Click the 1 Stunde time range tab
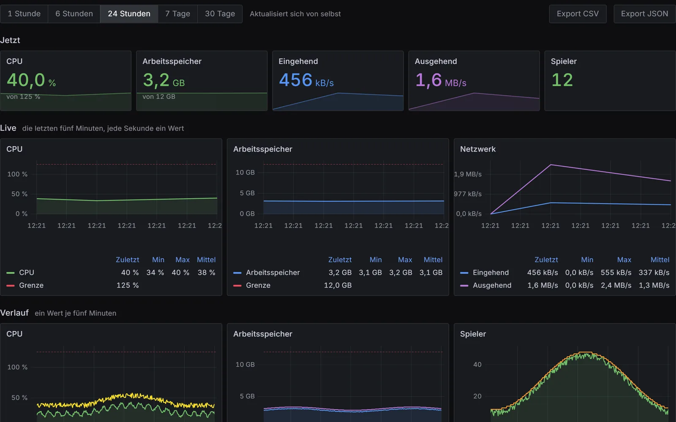pyautogui.click(x=24, y=14)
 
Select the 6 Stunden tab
pyautogui.click(x=74, y=14)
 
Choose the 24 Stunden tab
pyautogui.click(x=129, y=14)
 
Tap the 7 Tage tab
pyautogui.click(x=177, y=14)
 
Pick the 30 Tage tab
pyautogui.click(x=220, y=14)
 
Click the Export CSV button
pyautogui.click(x=578, y=14)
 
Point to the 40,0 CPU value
pyautogui.click(x=26, y=80)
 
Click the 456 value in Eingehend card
pyautogui.click(x=295, y=80)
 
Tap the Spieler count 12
pyautogui.click(x=562, y=80)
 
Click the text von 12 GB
pyautogui.click(x=159, y=97)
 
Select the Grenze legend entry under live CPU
pyautogui.click(x=31, y=285)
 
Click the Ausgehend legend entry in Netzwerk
pyautogui.click(x=492, y=285)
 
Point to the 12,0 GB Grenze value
pyautogui.click(x=338, y=285)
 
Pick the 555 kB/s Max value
pyautogui.click(x=616, y=273)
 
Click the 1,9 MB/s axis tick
pyautogui.click(x=468, y=174)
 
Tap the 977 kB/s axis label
pyautogui.click(x=468, y=194)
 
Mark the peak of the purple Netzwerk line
pyautogui.click(x=551, y=165)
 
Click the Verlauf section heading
pyautogui.click(x=14, y=313)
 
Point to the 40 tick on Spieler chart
pyautogui.click(x=477, y=365)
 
